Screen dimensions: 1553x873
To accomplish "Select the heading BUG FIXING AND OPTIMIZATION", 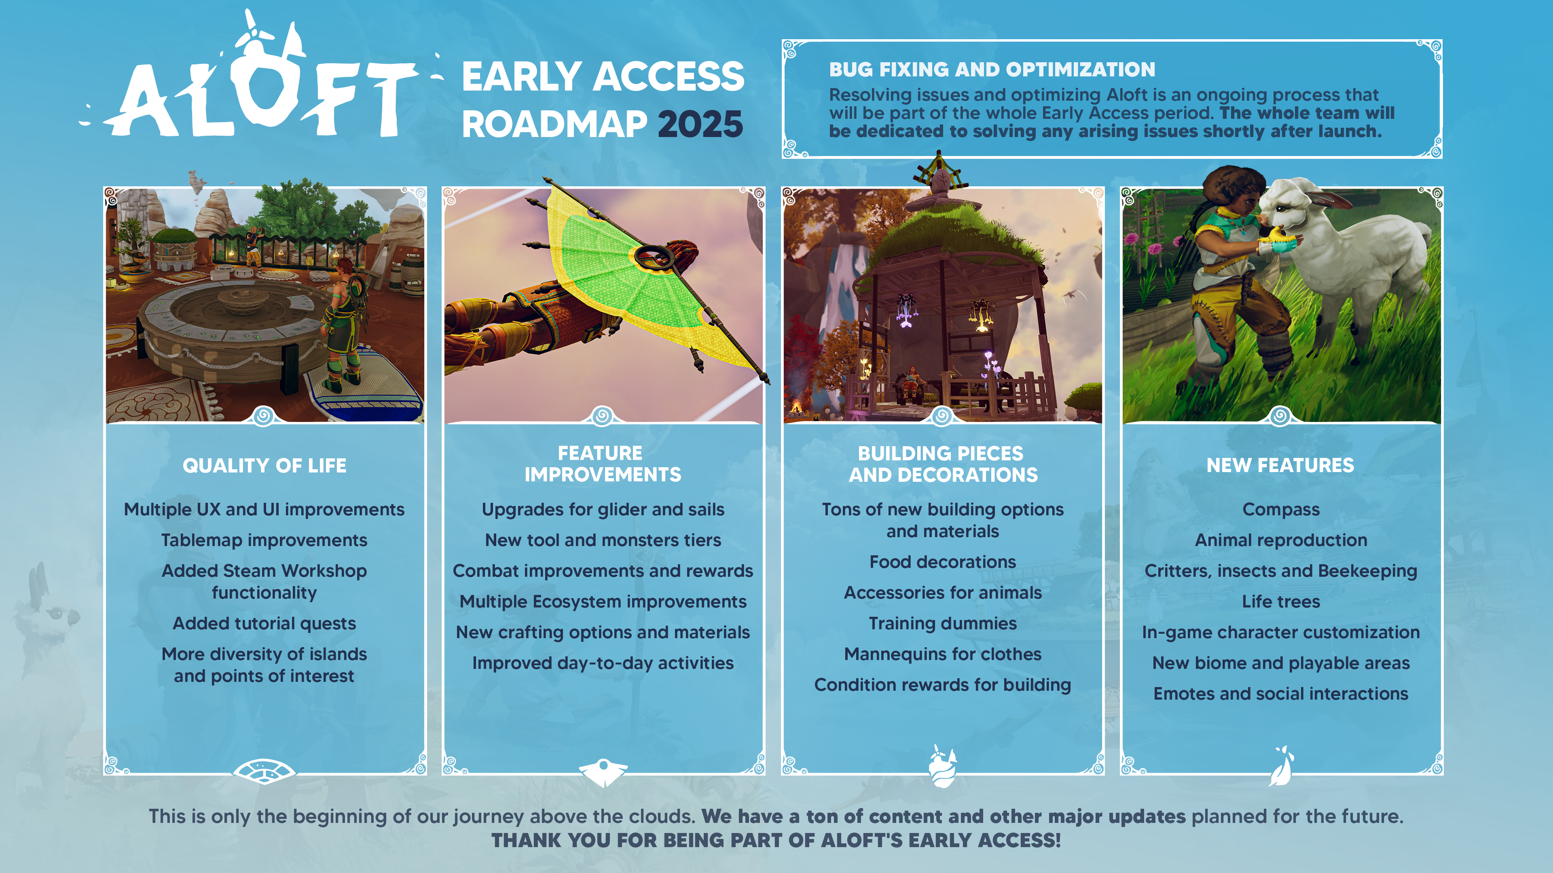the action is point(992,69).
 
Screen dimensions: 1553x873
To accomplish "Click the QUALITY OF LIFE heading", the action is point(264,465).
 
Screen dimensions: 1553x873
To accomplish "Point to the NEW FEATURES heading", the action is point(1280,465).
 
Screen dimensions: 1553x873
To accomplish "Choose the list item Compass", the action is point(1280,510).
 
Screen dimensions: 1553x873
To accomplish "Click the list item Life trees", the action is point(1280,601).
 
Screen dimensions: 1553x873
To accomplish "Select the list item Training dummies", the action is point(942,624).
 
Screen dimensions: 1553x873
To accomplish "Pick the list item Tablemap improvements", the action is point(264,540).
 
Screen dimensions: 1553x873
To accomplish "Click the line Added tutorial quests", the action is point(264,624).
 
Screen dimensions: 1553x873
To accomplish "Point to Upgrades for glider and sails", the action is point(603,510).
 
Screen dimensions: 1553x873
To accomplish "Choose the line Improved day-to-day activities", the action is point(603,663).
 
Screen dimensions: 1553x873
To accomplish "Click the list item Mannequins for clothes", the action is point(942,654).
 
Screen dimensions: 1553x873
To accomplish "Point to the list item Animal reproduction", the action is point(1280,540).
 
